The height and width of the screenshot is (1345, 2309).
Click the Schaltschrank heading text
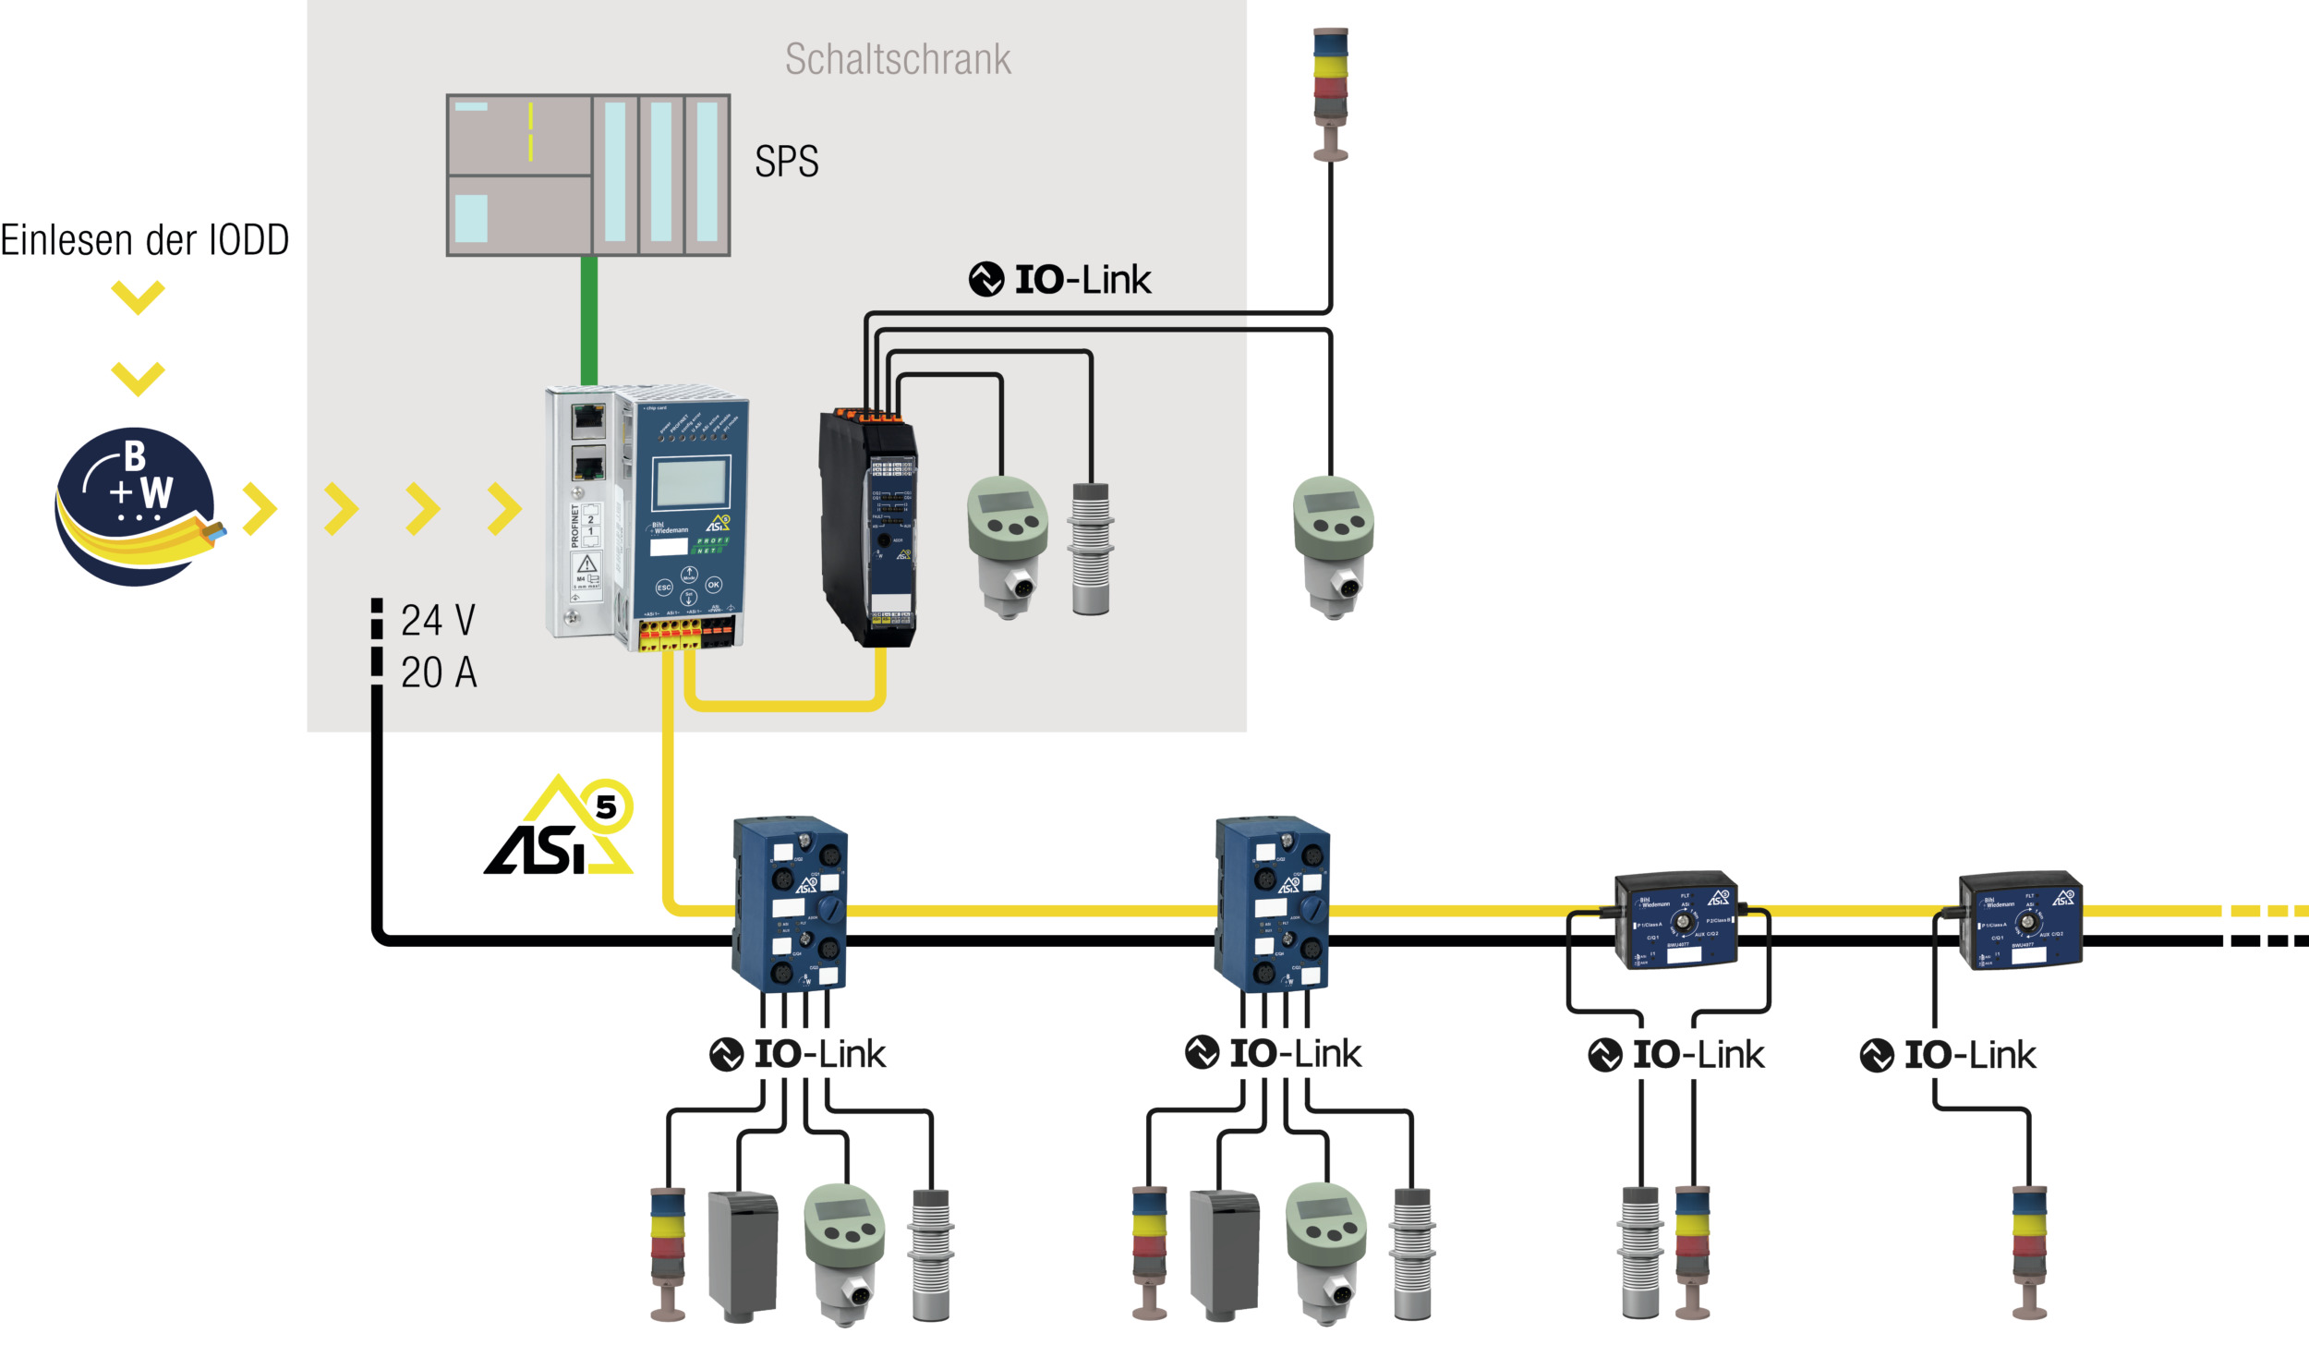click(898, 59)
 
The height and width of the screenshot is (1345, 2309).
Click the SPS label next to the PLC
click(786, 162)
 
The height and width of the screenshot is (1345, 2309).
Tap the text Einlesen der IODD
click(145, 240)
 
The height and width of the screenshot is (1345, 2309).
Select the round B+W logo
click(135, 506)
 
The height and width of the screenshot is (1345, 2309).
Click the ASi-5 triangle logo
click(559, 827)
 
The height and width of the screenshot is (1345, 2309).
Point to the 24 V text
click(438, 620)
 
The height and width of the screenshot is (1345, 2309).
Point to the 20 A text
click(439, 672)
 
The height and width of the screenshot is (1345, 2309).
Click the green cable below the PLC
click(589, 320)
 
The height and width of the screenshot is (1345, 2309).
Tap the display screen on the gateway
click(690, 483)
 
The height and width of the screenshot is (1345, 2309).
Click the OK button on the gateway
click(713, 585)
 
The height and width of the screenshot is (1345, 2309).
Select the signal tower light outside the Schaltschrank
click(1330, 92)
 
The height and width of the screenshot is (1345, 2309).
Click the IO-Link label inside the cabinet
click(1060, 279)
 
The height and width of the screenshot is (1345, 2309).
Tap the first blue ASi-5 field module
click(790, 903)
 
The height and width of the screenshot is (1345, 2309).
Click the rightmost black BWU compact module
click(2021, 920)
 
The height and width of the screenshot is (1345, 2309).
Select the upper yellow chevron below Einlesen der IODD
click(138, 297)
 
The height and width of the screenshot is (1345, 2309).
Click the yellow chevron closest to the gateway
click(504, 508)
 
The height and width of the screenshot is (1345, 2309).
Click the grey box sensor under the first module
click(743, 1255)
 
